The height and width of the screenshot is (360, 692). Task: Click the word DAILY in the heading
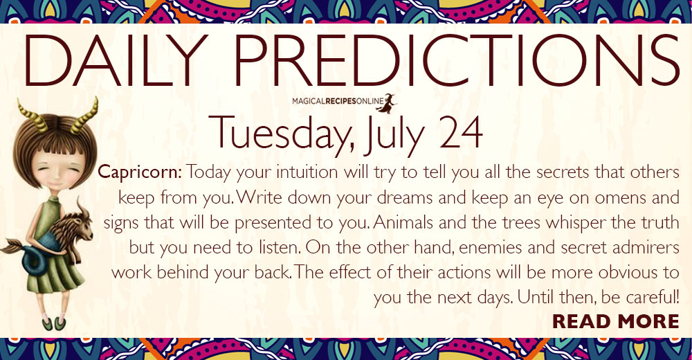click(x=116, y=60)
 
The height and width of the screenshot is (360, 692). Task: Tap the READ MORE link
click(x=616, y=321)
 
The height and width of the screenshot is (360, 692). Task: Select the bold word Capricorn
click(x=140, y=172)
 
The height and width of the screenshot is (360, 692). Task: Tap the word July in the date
click(x=395, y=135)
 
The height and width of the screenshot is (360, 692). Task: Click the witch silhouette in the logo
click(x=387, y=103)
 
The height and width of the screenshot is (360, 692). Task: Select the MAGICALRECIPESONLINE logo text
click(x=338, y=102)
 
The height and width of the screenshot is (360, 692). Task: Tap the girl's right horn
click(x=84, y=116)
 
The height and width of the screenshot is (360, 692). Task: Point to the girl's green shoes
click(x=53, y=323)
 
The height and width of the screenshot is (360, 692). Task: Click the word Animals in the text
click(x=403, y=222)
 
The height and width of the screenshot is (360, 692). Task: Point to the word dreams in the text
click(x=405, y=197)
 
